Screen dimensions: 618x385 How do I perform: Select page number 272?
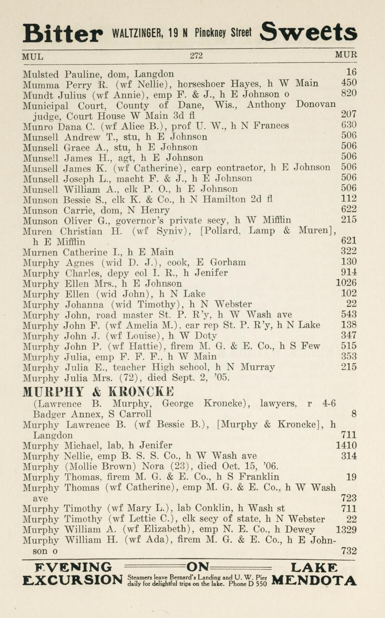pos(196,56)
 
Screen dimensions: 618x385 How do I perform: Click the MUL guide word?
pos(33,56)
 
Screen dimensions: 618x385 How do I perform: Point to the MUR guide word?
pos(346,55)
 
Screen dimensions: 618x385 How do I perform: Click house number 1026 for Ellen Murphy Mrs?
pos(346,283)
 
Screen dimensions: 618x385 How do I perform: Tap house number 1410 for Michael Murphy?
pos(346,445)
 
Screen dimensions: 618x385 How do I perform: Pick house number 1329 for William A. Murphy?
pos(346,530)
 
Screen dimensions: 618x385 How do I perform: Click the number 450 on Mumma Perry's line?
pos(349,83)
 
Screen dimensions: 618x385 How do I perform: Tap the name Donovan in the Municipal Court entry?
pos(316,104)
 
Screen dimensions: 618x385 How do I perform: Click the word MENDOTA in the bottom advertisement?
pos(314,581)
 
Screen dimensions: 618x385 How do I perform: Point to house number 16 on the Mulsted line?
pos(351,72)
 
